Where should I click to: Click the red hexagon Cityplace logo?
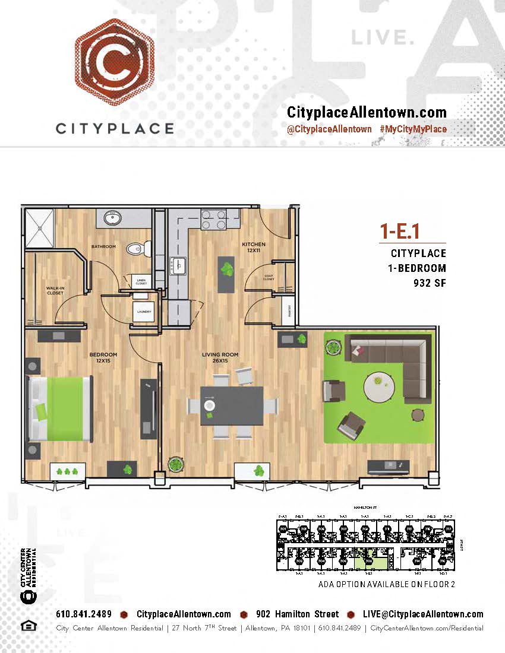[115, 62]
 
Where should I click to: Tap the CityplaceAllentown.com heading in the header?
[367, 112]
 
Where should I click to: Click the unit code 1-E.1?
[403, 230]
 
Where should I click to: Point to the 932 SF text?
[430, 283]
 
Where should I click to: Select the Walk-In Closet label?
[55, 290]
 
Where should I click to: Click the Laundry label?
[144, 312]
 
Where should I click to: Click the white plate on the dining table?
[210, 405]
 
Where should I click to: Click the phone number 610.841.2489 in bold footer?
[84, 614]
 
